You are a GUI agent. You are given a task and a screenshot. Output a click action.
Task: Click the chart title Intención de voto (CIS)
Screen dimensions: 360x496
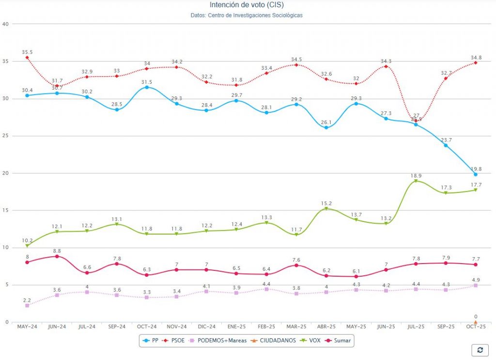coord(247,5)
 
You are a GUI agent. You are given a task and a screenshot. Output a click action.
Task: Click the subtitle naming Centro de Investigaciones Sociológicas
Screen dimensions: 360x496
coord(247,16)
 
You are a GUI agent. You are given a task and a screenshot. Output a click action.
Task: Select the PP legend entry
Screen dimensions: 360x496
coord(151,341)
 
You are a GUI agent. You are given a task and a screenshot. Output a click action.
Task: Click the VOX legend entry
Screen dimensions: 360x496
coord(310,341)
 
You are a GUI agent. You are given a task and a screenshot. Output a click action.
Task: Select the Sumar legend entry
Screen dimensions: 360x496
coord(339,341)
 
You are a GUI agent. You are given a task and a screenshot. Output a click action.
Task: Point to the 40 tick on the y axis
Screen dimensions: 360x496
coord(5,24)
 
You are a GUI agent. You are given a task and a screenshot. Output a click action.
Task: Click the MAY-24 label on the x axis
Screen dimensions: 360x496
coord(27,327)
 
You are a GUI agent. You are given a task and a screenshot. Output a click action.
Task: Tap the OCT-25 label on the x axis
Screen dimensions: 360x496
coord(475,327)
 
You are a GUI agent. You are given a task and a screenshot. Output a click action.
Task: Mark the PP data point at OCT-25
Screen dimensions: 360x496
coord(476,174)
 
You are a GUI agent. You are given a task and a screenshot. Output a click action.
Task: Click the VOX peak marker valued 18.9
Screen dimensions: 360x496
coord(416,181)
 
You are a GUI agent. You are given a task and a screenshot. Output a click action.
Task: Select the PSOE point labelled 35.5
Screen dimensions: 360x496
coord(27,58)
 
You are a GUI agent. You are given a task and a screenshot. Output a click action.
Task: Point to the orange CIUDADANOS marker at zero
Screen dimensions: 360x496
coord(476,322)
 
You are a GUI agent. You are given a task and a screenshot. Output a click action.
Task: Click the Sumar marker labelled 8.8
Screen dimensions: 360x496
coord(57,256)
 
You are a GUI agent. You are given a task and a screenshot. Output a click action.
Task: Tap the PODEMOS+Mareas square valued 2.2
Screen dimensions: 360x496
coord(27,306)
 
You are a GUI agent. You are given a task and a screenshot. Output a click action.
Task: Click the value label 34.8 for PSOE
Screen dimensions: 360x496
coord(476,57)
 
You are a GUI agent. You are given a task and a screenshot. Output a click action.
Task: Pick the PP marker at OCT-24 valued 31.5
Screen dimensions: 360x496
coord(147,87)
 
